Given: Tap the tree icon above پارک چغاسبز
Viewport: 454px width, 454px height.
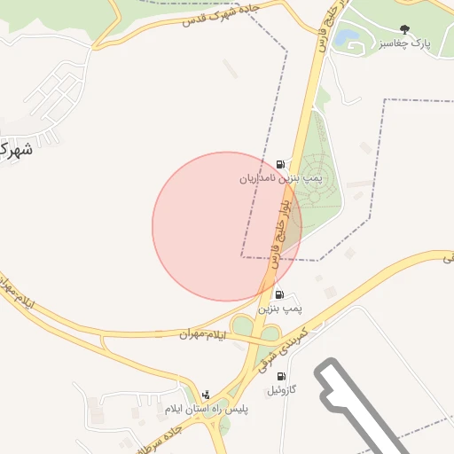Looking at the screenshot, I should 405,29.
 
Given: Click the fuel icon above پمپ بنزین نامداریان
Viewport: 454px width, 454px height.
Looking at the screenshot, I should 281,164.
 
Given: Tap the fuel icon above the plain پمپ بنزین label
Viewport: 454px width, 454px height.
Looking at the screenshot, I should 280,294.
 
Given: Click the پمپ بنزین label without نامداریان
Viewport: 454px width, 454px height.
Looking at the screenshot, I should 280,308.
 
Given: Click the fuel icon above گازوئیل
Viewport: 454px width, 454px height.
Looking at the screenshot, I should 282,376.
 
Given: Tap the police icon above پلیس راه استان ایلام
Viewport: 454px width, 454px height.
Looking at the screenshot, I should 207,395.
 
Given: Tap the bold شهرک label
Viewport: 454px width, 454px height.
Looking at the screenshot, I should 17,149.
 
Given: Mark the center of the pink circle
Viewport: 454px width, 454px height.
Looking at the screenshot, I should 227,226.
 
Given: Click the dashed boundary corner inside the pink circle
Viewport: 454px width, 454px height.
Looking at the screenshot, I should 242,257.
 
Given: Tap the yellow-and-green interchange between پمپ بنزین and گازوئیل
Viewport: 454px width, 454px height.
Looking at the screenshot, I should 253,330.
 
